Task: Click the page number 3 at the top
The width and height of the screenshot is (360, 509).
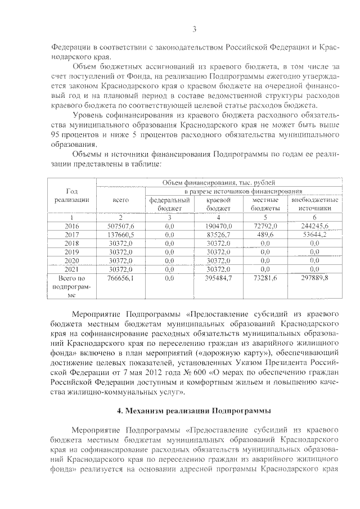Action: coord(194,29)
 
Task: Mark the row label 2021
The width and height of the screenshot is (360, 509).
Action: coord(72,269)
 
